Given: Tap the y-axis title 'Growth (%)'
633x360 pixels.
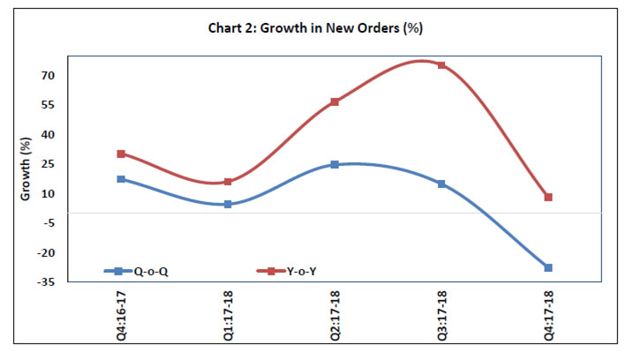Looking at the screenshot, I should pyautogui.click(x=26, y=169).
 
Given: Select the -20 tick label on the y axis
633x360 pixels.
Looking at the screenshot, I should pyautogui.click(x=45, y=252).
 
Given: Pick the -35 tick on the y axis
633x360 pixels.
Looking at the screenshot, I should pyautogui.click(x=45, y=281).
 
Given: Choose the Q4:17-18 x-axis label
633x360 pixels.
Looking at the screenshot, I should pyautogui.click(x=548, y=314).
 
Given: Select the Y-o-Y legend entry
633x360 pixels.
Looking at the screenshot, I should pyautogui.click(x=287, y=271).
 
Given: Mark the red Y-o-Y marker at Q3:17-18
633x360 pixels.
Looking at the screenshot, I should pyautogui.click(x=441, y=65).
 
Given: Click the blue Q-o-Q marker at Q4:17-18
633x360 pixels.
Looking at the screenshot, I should pyautogui.click(x=548, y=267).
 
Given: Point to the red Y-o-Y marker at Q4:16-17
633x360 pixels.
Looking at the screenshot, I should pyautogui.click(x=121, y=154).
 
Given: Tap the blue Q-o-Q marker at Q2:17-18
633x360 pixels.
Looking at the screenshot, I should pyautogui.click(x=335, y=164).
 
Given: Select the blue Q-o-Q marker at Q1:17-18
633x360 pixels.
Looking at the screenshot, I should pyautogui.click(x=228, y=204).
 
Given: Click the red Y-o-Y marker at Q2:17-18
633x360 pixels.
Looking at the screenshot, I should pyautogui.click(x=335, y=101).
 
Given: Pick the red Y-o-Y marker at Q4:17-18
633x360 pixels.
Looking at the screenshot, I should pyautogui.click(x=548, y=197).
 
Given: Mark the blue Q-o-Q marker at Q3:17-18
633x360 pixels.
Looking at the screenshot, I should pyautogui.click(x=441, y=184).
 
